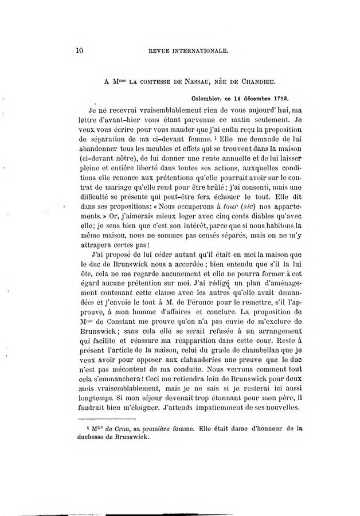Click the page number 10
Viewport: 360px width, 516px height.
[x=80, y=50]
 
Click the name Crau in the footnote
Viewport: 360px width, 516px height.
[x=123, y=427]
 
